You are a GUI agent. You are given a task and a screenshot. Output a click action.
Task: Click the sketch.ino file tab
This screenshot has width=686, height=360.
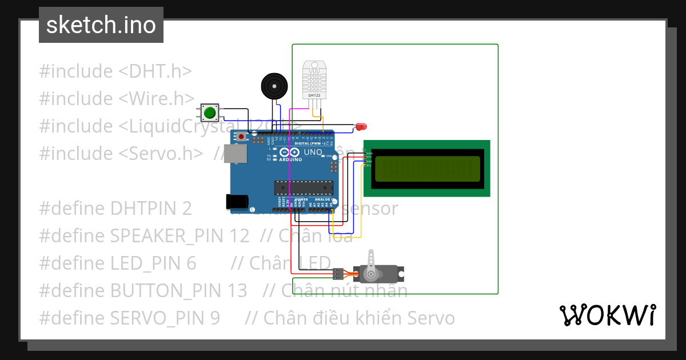pyautogui.click(x=101, y=25)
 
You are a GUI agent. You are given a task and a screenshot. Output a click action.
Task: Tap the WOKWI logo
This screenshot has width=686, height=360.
pyautogui.click(x=607, y=315)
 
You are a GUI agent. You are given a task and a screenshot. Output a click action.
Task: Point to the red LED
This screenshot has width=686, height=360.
pyautogui.click(x=361, y=126)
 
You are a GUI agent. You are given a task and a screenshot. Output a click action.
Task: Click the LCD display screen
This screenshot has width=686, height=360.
pyautogui.click(x=426, y=169)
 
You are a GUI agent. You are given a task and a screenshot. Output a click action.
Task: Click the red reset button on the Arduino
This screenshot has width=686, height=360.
pyautogui.click(x=242, y=137)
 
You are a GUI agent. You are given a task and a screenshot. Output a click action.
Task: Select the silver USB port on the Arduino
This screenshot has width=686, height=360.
pyautogui.click(x=234, y=153)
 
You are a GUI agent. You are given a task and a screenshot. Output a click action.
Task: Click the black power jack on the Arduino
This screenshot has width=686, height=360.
pyautogui.click(x=237, y=201)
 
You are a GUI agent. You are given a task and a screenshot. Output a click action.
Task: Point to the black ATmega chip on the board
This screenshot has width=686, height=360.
pyautogui.click(x=304, y=187)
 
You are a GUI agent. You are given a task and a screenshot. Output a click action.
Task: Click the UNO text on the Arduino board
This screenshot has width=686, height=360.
pyautogui.click(x=312, y=153)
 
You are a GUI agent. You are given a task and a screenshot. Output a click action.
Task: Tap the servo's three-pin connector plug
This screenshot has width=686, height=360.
pyautogui.click(x=337, y=274)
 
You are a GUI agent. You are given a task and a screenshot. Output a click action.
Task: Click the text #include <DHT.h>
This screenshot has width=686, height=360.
pyautogui.click(x=115, y=71)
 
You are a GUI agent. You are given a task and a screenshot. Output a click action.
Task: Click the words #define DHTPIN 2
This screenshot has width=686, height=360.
pyautogui.click(x=115, y=209)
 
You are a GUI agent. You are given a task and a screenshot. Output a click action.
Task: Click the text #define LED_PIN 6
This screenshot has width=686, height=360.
pyautogui.click(x=117, y=263)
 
